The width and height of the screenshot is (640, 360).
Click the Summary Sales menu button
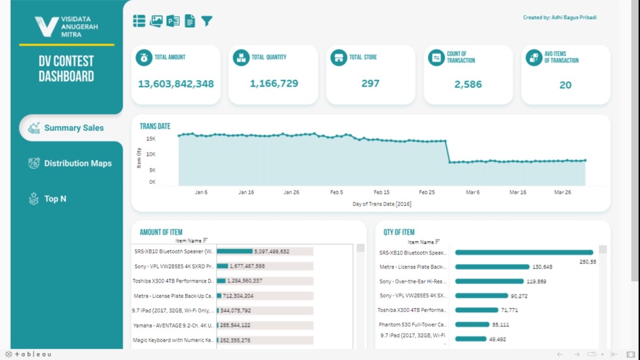click(x=67, y=128)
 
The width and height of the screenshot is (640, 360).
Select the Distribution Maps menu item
click(x=70, y=163)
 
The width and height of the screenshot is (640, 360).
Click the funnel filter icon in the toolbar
click(x=207, y=21)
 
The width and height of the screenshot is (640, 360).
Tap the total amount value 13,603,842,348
click(x=176, y=84)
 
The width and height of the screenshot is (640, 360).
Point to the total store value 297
click(x=370, y=84)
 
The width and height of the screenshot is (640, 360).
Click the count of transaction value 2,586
click(x=468, y=85)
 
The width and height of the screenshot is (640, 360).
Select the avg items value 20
click(x=565, y=85)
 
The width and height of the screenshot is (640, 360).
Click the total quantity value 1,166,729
click(x=274, y=84)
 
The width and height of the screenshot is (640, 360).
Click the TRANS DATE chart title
click(x=155, y=126)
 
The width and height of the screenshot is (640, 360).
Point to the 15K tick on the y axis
click(x=151, y=139)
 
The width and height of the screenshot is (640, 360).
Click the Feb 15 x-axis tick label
click(x=382, y=192)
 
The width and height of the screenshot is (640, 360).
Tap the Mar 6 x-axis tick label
click(x=473, y=192)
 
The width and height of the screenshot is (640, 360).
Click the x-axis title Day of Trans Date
click(x=382, y=204)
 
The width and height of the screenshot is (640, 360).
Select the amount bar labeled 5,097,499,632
click(x=235, y=251)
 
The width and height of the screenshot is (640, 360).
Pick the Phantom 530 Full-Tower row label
click(x=412, y=325)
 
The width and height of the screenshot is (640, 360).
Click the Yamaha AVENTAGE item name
click(x=173, y=325)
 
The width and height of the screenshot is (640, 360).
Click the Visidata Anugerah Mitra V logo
click(x=47, y=27)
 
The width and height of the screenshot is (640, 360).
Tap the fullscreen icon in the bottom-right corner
click(x=631, y=355)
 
